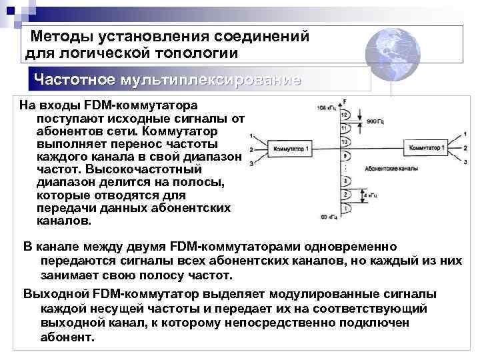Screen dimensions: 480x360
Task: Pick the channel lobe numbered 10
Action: (x=345, y=142)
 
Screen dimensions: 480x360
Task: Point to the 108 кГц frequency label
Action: (x=327, y=107)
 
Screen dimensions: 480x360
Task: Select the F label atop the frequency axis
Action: (x=344, y=101)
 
